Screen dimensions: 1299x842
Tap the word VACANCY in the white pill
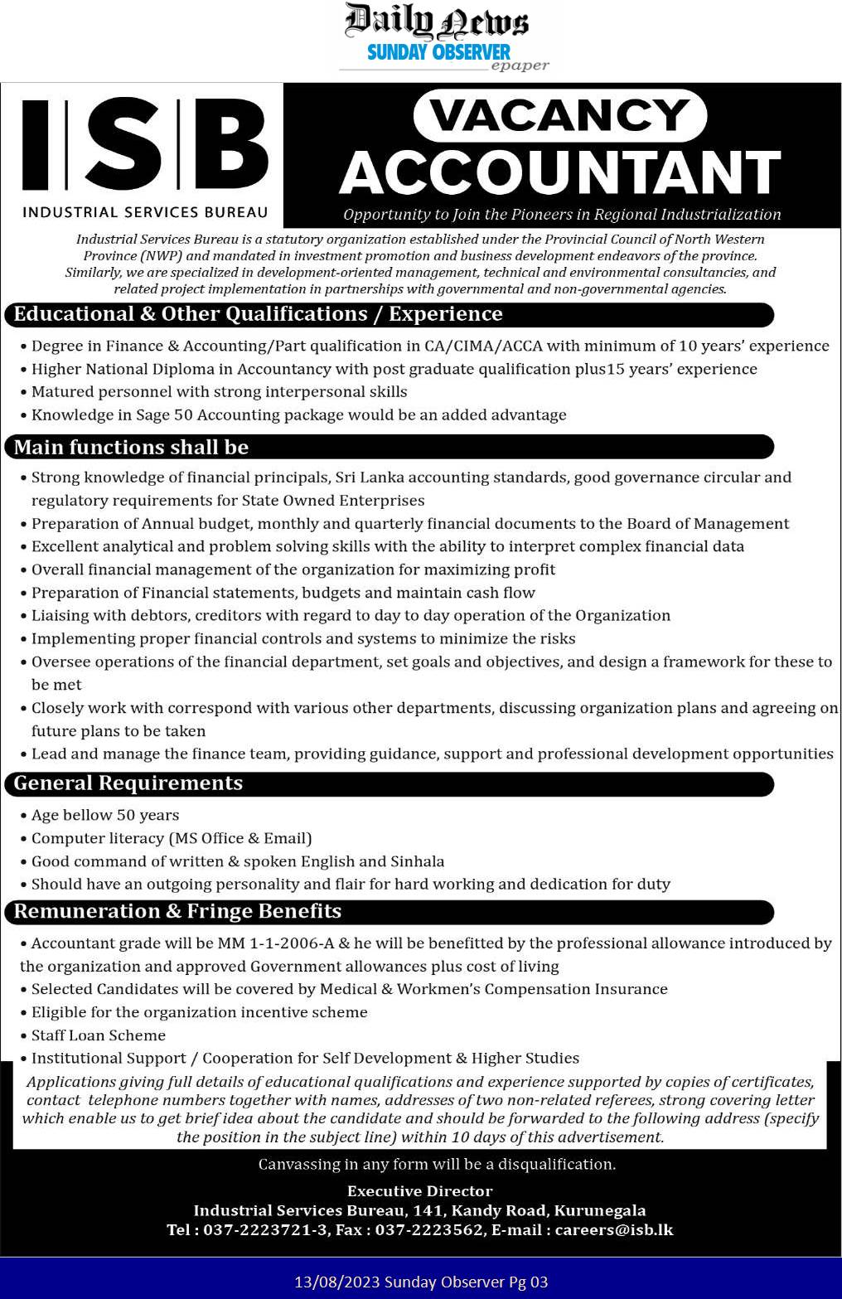click(x=560, y=115)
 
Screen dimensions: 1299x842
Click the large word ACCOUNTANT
click(x=560, y=172)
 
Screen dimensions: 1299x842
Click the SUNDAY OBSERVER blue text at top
click(x=438, y=52)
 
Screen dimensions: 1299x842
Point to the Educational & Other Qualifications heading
click(x=258, y=314)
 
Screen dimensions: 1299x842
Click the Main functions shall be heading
click(x=131, y=448)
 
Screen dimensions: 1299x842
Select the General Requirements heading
click(x=128, y=783)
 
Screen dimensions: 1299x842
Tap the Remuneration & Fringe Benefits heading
click(x=177, y=911)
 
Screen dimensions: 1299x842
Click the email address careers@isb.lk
click(x=614, y=1229)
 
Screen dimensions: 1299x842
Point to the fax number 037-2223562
click(x=429, y=1229)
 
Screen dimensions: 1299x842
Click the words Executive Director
click(x=420, y=1190)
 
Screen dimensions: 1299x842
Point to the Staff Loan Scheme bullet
click(x=98, y=1035)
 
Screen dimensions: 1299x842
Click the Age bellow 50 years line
click(x=104, y=815)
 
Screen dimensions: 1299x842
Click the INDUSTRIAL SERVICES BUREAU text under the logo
click(x=145, y=212)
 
